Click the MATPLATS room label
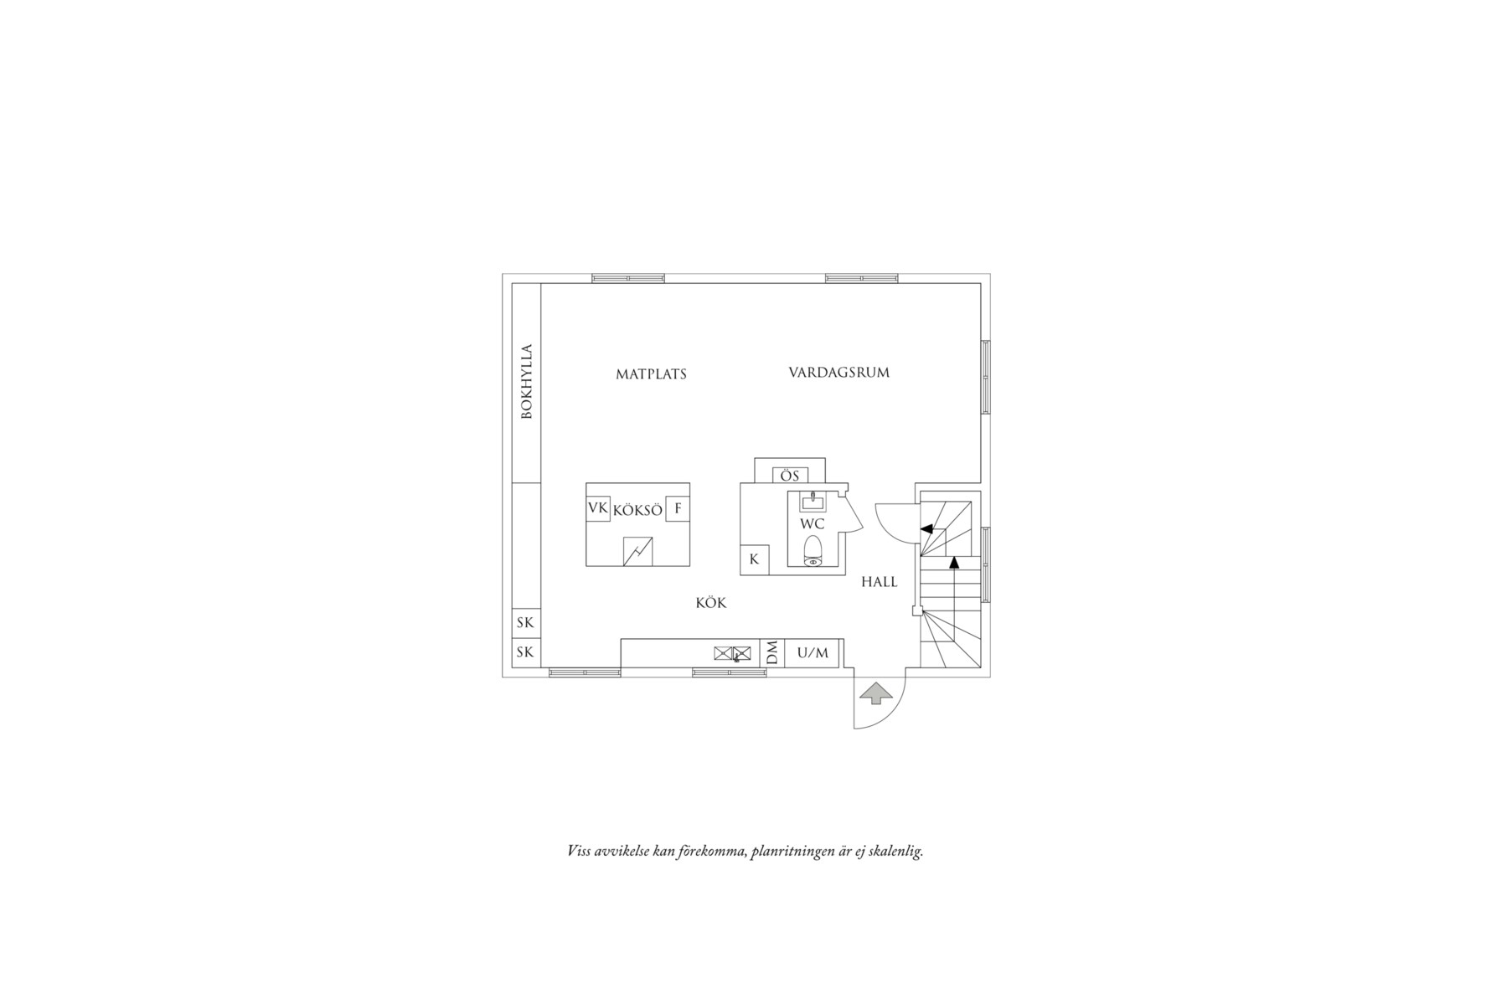pyautogui.click(x=651, y=374)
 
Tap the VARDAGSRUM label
pyautogui.click(x=838, y=372)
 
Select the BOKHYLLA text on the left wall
pyautogui.click(x=526, y=382)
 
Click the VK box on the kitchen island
pyautogui.click(x=597, y=508)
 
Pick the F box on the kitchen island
pyautogui.click(x=678, y=508)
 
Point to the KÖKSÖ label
pyautogui.click(x=637, y=509)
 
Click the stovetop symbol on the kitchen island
pyautogui.click(x=638, y=551)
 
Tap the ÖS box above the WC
pyautogui.click(x=790, y=476)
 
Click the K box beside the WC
pyautogui.click(x=754, y=559)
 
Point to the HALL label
pyautogui.click(x=880, y=582)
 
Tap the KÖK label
pyautogui.click(x=711, y=603)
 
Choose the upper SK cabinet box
pyautogui.click(x=525, y=623)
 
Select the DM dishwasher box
pyautogui.click(x=772, y=653)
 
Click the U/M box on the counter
pyautogui.click(x=813, y=653)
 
